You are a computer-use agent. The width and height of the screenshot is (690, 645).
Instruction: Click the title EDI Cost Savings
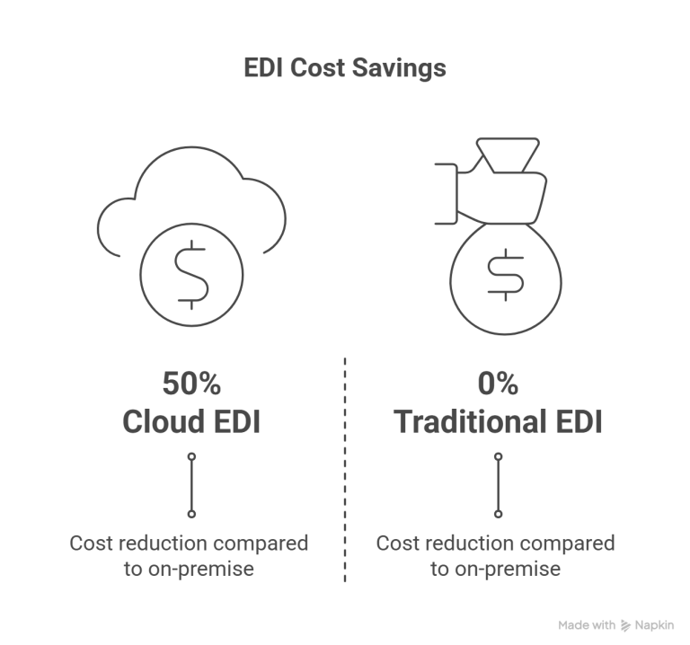tap(345, 68)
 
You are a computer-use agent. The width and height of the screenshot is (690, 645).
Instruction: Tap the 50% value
tap(192, 384)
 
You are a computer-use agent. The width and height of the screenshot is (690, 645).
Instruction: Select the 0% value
tap(498, 384)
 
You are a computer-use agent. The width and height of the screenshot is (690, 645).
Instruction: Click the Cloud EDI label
tap(191, 421)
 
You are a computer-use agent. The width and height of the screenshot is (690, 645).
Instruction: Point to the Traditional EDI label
tap(498, 421)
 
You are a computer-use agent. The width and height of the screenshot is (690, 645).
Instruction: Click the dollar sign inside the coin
tap(191, 275)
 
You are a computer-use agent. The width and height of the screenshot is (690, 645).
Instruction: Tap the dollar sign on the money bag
tap(506, 275)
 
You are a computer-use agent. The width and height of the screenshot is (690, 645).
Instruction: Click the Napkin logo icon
tap(625, 625)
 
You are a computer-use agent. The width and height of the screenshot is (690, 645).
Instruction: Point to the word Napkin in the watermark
tap(654, 625)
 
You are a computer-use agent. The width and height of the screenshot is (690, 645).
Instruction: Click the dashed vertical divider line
tap(345, 470)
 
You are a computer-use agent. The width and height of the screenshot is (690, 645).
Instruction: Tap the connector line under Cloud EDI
tap(191, 485)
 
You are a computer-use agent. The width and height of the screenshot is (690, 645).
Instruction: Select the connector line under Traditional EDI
tap(498, 485)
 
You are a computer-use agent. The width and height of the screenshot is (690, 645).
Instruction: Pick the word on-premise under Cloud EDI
tap(201, 569)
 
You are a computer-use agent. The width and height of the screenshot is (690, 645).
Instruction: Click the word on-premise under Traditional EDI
tap(508, 569)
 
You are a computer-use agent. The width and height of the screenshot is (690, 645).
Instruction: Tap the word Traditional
tap(471, 421)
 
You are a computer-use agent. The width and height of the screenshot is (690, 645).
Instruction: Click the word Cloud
tap(164, 421)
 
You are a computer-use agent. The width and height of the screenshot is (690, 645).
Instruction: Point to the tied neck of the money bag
tap(508, 155)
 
